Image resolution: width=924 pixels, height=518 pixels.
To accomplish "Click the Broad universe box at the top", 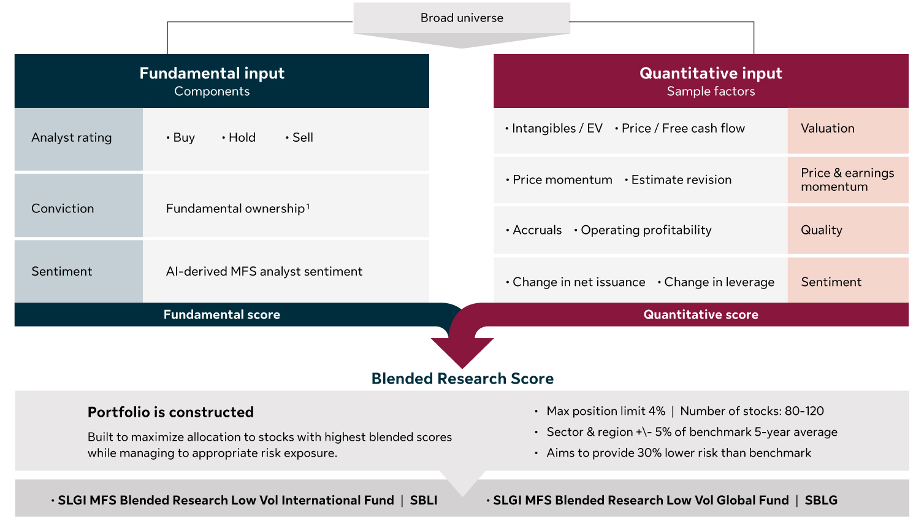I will point(462,18).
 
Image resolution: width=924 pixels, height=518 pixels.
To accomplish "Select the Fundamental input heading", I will point(212,74).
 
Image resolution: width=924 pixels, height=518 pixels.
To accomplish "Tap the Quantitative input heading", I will point(710,74).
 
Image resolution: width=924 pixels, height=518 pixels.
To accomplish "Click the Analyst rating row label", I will point(72,138).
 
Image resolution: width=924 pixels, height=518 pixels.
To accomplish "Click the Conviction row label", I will point(63,209).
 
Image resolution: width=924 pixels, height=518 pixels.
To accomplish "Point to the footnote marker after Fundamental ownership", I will point(308,206).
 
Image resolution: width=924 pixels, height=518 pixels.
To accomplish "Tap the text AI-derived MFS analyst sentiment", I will point(264,271).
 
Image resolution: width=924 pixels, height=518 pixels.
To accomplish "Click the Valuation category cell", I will point(827,129).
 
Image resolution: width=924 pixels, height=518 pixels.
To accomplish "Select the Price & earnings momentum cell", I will point(847,180).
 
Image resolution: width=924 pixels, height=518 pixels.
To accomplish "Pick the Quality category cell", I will point(821,230).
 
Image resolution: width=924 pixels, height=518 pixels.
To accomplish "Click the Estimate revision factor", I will point(681,180).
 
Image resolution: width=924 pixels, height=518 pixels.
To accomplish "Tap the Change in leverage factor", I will point(719,282).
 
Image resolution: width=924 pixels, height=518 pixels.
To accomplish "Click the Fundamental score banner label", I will point(221,315).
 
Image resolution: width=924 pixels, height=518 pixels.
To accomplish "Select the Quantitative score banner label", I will point(700,315).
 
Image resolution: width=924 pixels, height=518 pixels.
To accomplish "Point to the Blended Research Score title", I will point(462,379).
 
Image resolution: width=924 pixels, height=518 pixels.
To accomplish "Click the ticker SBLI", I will point(424,501).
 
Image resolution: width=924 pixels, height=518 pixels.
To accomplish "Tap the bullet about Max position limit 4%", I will point(605,411).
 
